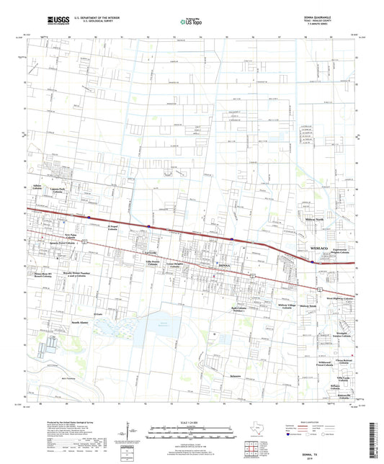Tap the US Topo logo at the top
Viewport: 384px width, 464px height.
[186, 22]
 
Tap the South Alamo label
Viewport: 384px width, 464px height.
[80, 324]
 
